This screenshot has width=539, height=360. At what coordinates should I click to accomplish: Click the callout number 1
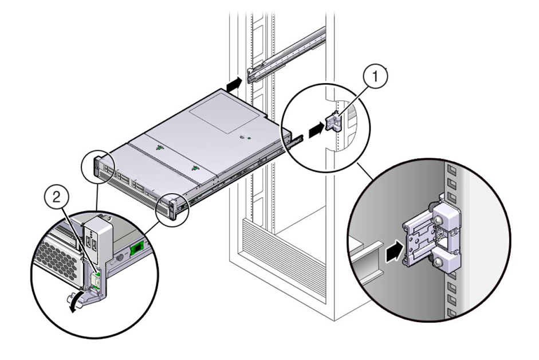[375, 76]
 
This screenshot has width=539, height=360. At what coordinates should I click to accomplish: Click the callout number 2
[56, 198]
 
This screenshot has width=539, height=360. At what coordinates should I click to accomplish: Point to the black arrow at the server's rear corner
[235, 84]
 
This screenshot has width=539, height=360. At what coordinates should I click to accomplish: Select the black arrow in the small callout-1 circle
[316, 131]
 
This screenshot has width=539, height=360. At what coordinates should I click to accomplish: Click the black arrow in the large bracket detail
[394, 251]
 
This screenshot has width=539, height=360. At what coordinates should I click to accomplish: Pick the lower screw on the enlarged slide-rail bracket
[438, 263]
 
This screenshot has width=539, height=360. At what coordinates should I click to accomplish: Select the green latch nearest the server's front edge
[195, 168]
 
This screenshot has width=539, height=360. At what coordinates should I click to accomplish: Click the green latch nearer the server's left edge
[159, 148]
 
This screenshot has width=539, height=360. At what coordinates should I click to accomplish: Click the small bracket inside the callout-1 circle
[333, 122]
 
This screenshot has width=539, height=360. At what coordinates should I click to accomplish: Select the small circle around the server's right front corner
[173, 209]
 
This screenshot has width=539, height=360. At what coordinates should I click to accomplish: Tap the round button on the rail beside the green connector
[120, 257]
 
